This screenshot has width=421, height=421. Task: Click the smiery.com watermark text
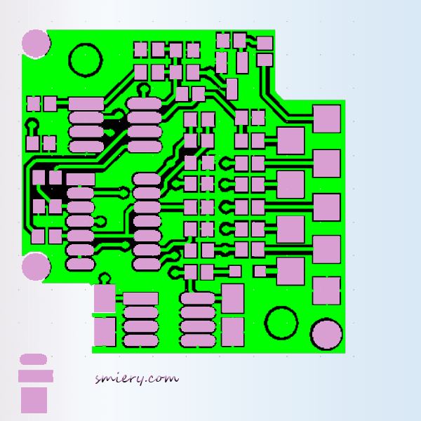pos(137,378)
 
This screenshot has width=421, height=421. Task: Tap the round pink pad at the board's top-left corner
pos(35,43)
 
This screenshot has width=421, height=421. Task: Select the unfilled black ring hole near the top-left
pos(86,60)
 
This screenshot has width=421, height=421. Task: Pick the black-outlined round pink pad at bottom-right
pos(326,335)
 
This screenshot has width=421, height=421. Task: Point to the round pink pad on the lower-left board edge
pos(35,267)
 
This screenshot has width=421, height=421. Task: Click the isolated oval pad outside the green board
pos(33,359)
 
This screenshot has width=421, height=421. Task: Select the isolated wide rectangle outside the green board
pos(35,376)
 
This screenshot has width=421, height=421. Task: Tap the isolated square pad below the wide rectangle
pos(34,400)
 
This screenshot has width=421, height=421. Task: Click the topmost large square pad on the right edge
pos(326,119)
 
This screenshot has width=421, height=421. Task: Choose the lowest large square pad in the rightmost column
pos(326,290)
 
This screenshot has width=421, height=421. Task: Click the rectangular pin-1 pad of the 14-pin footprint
pos(81,179)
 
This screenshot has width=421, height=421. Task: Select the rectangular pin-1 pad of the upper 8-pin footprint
pos(86,104)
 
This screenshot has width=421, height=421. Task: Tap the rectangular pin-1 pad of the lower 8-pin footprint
pos(140,299)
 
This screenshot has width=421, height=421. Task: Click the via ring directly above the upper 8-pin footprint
pos(144,89)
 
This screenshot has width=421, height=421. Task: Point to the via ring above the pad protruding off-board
pos(105,279)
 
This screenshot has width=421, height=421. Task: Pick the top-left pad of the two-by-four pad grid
pos(141,50)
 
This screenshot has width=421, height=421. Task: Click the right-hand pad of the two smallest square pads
pos(260,271)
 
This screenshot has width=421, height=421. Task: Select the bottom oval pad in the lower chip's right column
pos(197,341)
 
